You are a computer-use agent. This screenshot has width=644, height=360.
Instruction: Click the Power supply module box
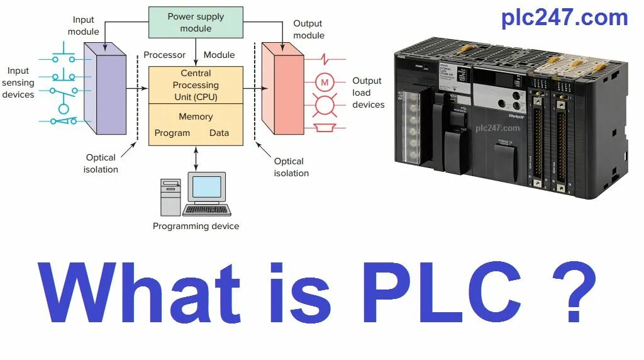[x=196, y=23]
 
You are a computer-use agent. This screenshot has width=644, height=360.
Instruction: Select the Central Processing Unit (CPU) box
[x=196, y=85]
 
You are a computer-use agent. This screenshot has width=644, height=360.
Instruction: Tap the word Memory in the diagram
[x=196, y=116]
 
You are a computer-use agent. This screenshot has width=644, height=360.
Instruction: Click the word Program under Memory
[x=172, y=133]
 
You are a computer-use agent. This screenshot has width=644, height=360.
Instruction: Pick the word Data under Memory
[x=219, y=133]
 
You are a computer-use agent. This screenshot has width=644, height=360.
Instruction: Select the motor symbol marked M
[x=325, y=82]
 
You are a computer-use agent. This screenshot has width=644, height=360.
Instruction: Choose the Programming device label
[x=196, y=226]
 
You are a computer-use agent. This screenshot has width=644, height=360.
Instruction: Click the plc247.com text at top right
[x=564, y=18]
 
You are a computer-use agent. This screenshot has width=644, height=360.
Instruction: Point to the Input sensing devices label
[x=18, y=82]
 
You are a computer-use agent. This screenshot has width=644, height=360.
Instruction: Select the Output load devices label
[x=368, y=93]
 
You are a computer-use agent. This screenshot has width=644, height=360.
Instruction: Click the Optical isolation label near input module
[x=101, y=163]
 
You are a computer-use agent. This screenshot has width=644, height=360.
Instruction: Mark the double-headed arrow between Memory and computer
[x=196, y=158]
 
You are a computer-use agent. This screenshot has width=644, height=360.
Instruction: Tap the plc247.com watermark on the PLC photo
[x=497, y=128]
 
